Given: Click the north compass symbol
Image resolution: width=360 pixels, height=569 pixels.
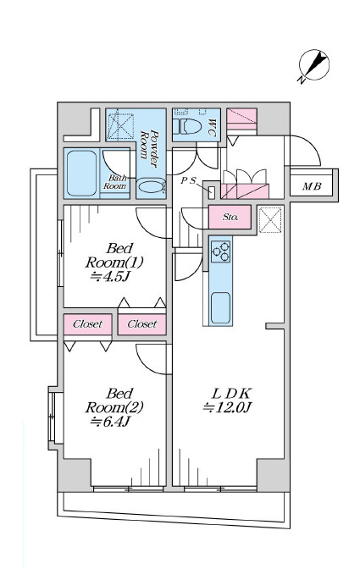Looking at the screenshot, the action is pyautogui.click(x=313, y=66).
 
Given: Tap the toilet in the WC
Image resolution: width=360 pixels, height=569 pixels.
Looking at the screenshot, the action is pyautogui.click(x=187, y=127).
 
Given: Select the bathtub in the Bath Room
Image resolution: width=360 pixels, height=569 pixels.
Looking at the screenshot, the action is pyautogui.click(x=81, y=173).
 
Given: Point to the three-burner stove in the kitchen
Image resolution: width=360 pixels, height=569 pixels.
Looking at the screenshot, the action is pyautogui.click(x=220, y=251).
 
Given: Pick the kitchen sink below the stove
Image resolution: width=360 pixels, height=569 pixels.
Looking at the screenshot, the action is pyautogui.click(x=220, y=307).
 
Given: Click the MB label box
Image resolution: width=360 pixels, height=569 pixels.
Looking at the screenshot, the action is pyautogui.click(x=312, y=186).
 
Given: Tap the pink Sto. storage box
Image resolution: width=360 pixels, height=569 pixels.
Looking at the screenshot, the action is pyautogui.click(x=230, y=217).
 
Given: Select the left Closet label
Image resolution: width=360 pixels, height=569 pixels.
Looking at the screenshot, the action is pyautogui.click(x=87, y=324).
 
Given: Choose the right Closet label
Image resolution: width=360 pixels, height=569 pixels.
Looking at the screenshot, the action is pyautogui.click(x=142, y=324).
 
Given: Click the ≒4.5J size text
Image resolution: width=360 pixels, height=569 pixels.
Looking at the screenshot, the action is pyautogui.click(x=110, y=277).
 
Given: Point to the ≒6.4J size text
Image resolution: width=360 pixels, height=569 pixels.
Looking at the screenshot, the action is pyautogui.click(x=110, y=422).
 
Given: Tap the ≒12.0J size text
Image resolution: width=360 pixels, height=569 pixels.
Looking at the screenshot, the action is pyautogui.click(x=227, y=408).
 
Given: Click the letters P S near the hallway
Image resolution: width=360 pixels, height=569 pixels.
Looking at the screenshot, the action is pyautogui.click(x=188, y=180).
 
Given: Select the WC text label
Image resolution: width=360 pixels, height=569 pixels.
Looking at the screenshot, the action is pyautogui.click(x=212, y=128).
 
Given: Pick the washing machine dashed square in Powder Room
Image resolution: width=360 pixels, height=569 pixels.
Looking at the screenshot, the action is pyautogui.click(x=121, y=126).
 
